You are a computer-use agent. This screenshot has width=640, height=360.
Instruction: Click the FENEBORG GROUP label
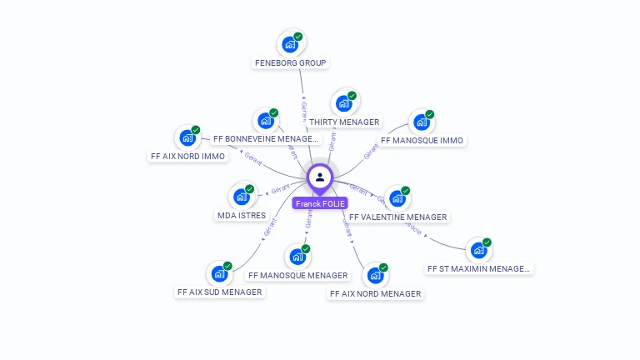(x=290, y=62)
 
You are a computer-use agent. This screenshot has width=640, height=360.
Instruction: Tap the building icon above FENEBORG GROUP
(x=290, y=44)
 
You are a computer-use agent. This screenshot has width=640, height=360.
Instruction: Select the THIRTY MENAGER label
(x=344, y=122)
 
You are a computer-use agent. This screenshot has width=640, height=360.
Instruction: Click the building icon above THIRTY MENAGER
(x=343, y=103)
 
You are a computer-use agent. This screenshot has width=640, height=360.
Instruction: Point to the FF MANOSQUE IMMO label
(x=422, y=141)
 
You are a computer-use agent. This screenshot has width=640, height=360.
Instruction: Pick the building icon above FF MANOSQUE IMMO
(x=422, y=122)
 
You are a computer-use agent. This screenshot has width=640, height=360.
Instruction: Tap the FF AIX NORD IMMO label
(x=187, y=156)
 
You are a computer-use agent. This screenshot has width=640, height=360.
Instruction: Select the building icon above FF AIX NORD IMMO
(x=187, y=137)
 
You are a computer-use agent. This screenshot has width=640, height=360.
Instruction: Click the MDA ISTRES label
(x=241, y=215)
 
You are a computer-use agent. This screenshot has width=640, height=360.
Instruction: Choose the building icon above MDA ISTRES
(x=241, y=197)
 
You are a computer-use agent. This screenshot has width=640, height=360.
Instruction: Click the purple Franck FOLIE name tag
(x=320, y=203)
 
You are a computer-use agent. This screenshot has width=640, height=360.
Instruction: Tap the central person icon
(x=320, y=177)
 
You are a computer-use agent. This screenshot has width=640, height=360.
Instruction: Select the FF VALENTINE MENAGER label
(x=398, y=217)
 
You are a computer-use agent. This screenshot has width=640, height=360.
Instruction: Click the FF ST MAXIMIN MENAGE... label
(x=478, y=268)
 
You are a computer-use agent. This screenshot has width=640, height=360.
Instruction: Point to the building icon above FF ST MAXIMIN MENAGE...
(x=478, y=250)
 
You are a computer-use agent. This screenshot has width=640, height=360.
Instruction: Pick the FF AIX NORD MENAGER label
(x=375, y=293)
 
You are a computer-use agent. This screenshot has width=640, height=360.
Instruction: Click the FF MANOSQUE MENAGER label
(x=297, y=275)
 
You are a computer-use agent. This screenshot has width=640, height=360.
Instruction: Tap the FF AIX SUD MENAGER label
(x=219, y=292)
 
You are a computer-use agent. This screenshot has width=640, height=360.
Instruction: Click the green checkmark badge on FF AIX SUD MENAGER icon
(x=227, y=266)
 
